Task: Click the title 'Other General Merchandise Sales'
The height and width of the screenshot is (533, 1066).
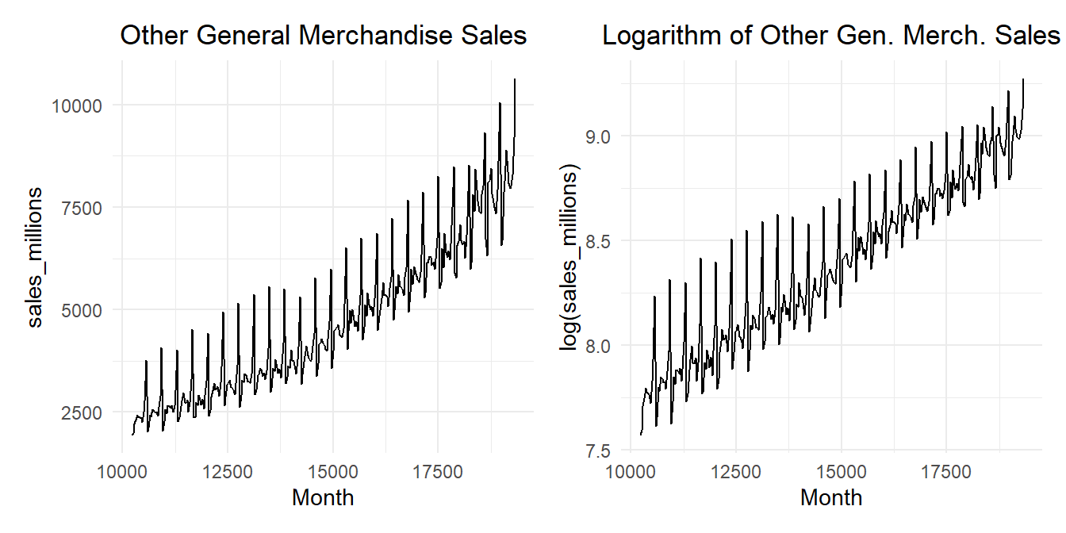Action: pos(323,36)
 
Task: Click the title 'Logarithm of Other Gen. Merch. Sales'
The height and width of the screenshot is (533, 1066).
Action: pos(831,36)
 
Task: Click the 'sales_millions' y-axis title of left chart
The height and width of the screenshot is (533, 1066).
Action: pos(36,259)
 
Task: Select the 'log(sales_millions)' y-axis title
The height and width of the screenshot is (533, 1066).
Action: pos(569,259)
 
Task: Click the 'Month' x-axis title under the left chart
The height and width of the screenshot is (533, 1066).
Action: pos(323,498)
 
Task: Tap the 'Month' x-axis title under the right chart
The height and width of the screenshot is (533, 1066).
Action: pos(831,498)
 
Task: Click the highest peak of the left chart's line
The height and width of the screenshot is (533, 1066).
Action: pos(516,79)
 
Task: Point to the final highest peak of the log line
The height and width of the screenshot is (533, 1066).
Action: pos(1023,79)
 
